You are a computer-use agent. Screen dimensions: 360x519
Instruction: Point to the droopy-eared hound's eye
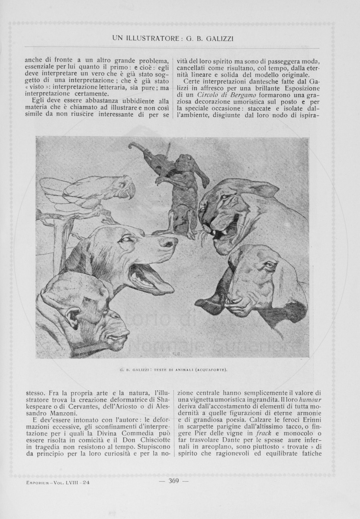269,265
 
